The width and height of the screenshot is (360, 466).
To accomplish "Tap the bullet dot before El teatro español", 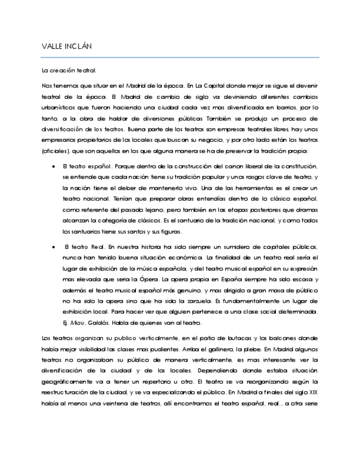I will (x=53, y=166).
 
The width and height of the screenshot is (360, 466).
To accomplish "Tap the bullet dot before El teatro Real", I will (x=53, y=247).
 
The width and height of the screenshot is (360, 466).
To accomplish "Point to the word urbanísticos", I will (x=59, y=109).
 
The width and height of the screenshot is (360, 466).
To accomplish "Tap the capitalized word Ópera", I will (x=164, y=280).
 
